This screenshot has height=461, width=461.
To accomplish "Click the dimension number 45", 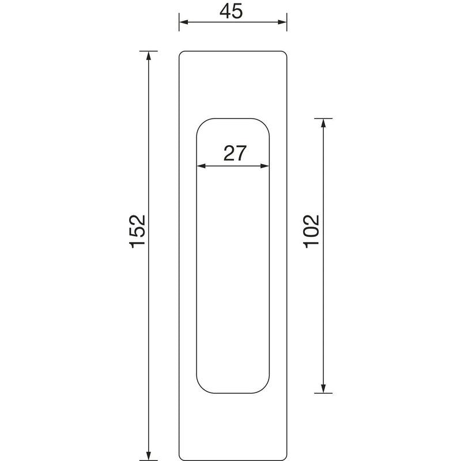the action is pos(231,12).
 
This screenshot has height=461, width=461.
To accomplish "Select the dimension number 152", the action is pos(137,232).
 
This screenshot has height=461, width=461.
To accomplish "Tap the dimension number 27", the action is pos(235,153).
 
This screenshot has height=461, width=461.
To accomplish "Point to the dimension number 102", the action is pos(311,232).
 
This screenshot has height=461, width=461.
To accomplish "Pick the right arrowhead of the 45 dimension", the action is pos(282,22).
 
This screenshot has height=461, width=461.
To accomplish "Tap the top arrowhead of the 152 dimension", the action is pos(149,55).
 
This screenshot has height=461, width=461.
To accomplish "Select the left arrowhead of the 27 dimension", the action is pos(201,166).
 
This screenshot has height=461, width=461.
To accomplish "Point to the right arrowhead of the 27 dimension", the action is pos(264,166).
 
